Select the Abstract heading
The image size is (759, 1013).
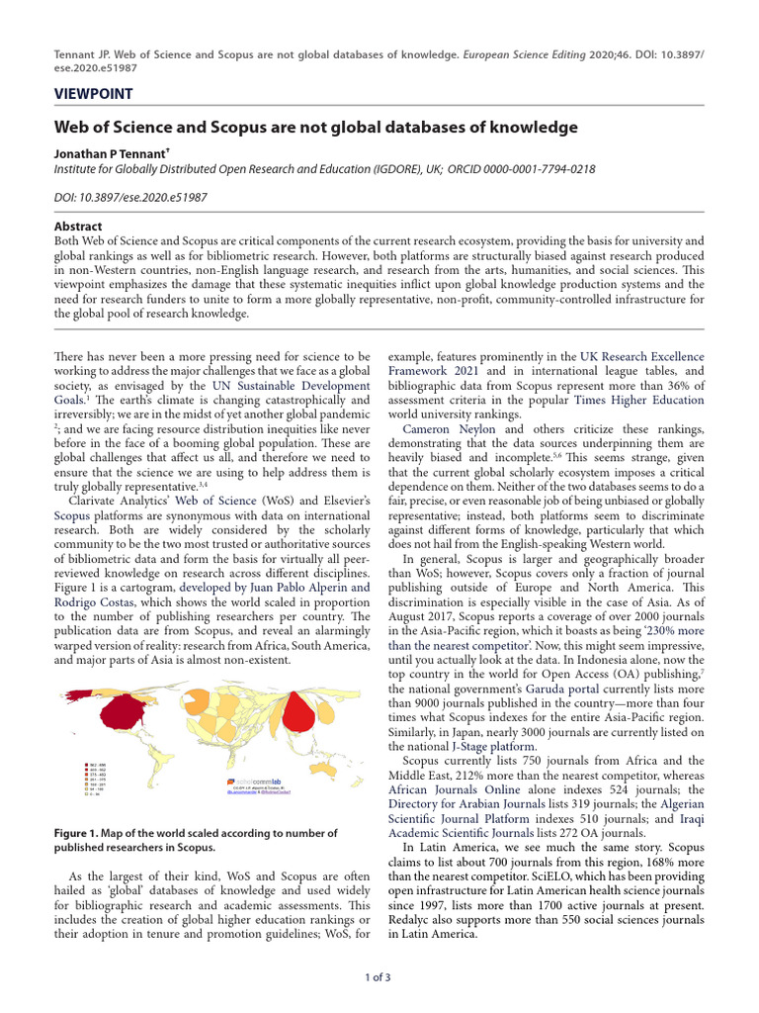78,227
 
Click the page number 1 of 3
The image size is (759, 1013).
379,977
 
